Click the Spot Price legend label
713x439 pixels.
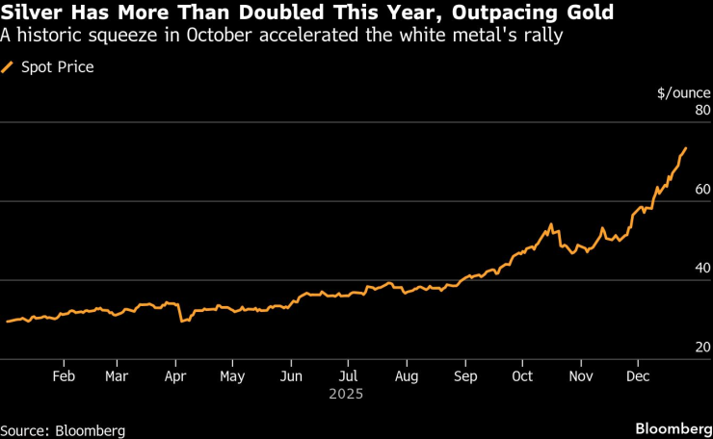pos(57,67)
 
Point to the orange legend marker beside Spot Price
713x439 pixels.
pos(9,67)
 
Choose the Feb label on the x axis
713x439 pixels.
pos(64,375)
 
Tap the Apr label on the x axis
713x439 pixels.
pos(173,375)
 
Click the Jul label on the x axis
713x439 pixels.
pos(348,375)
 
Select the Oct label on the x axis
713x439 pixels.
pos(523,375)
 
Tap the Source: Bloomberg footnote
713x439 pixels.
pos(63,430)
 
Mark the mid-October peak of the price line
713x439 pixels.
pos(550,225)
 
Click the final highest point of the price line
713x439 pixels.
pos(685,148)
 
